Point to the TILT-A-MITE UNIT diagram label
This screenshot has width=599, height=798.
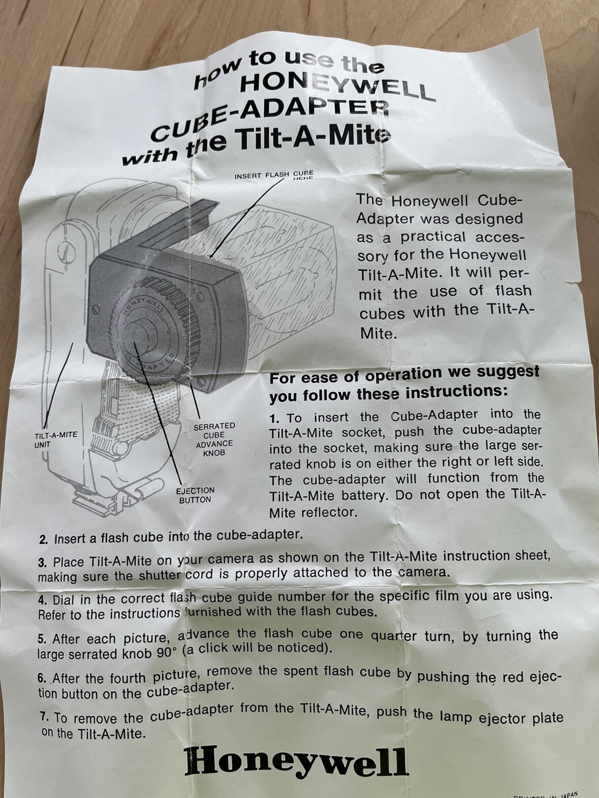coord(55,439)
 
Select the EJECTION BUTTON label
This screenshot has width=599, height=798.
coord(195,496)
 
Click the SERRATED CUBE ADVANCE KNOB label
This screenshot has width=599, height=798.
coord(214,439)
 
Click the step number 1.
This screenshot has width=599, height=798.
coord(275,418)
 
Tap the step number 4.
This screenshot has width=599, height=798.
coord(42,599)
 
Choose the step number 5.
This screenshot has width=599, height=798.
coord(42,639)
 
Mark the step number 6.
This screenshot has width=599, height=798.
coord(42,679)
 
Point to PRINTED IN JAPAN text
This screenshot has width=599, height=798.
coord(546,795)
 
